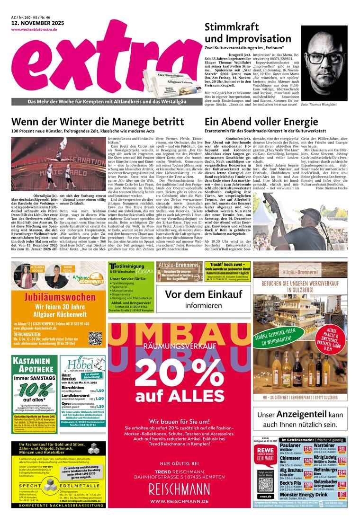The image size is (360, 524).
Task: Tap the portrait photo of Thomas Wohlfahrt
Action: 324,62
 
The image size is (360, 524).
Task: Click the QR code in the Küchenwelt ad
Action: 95,338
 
